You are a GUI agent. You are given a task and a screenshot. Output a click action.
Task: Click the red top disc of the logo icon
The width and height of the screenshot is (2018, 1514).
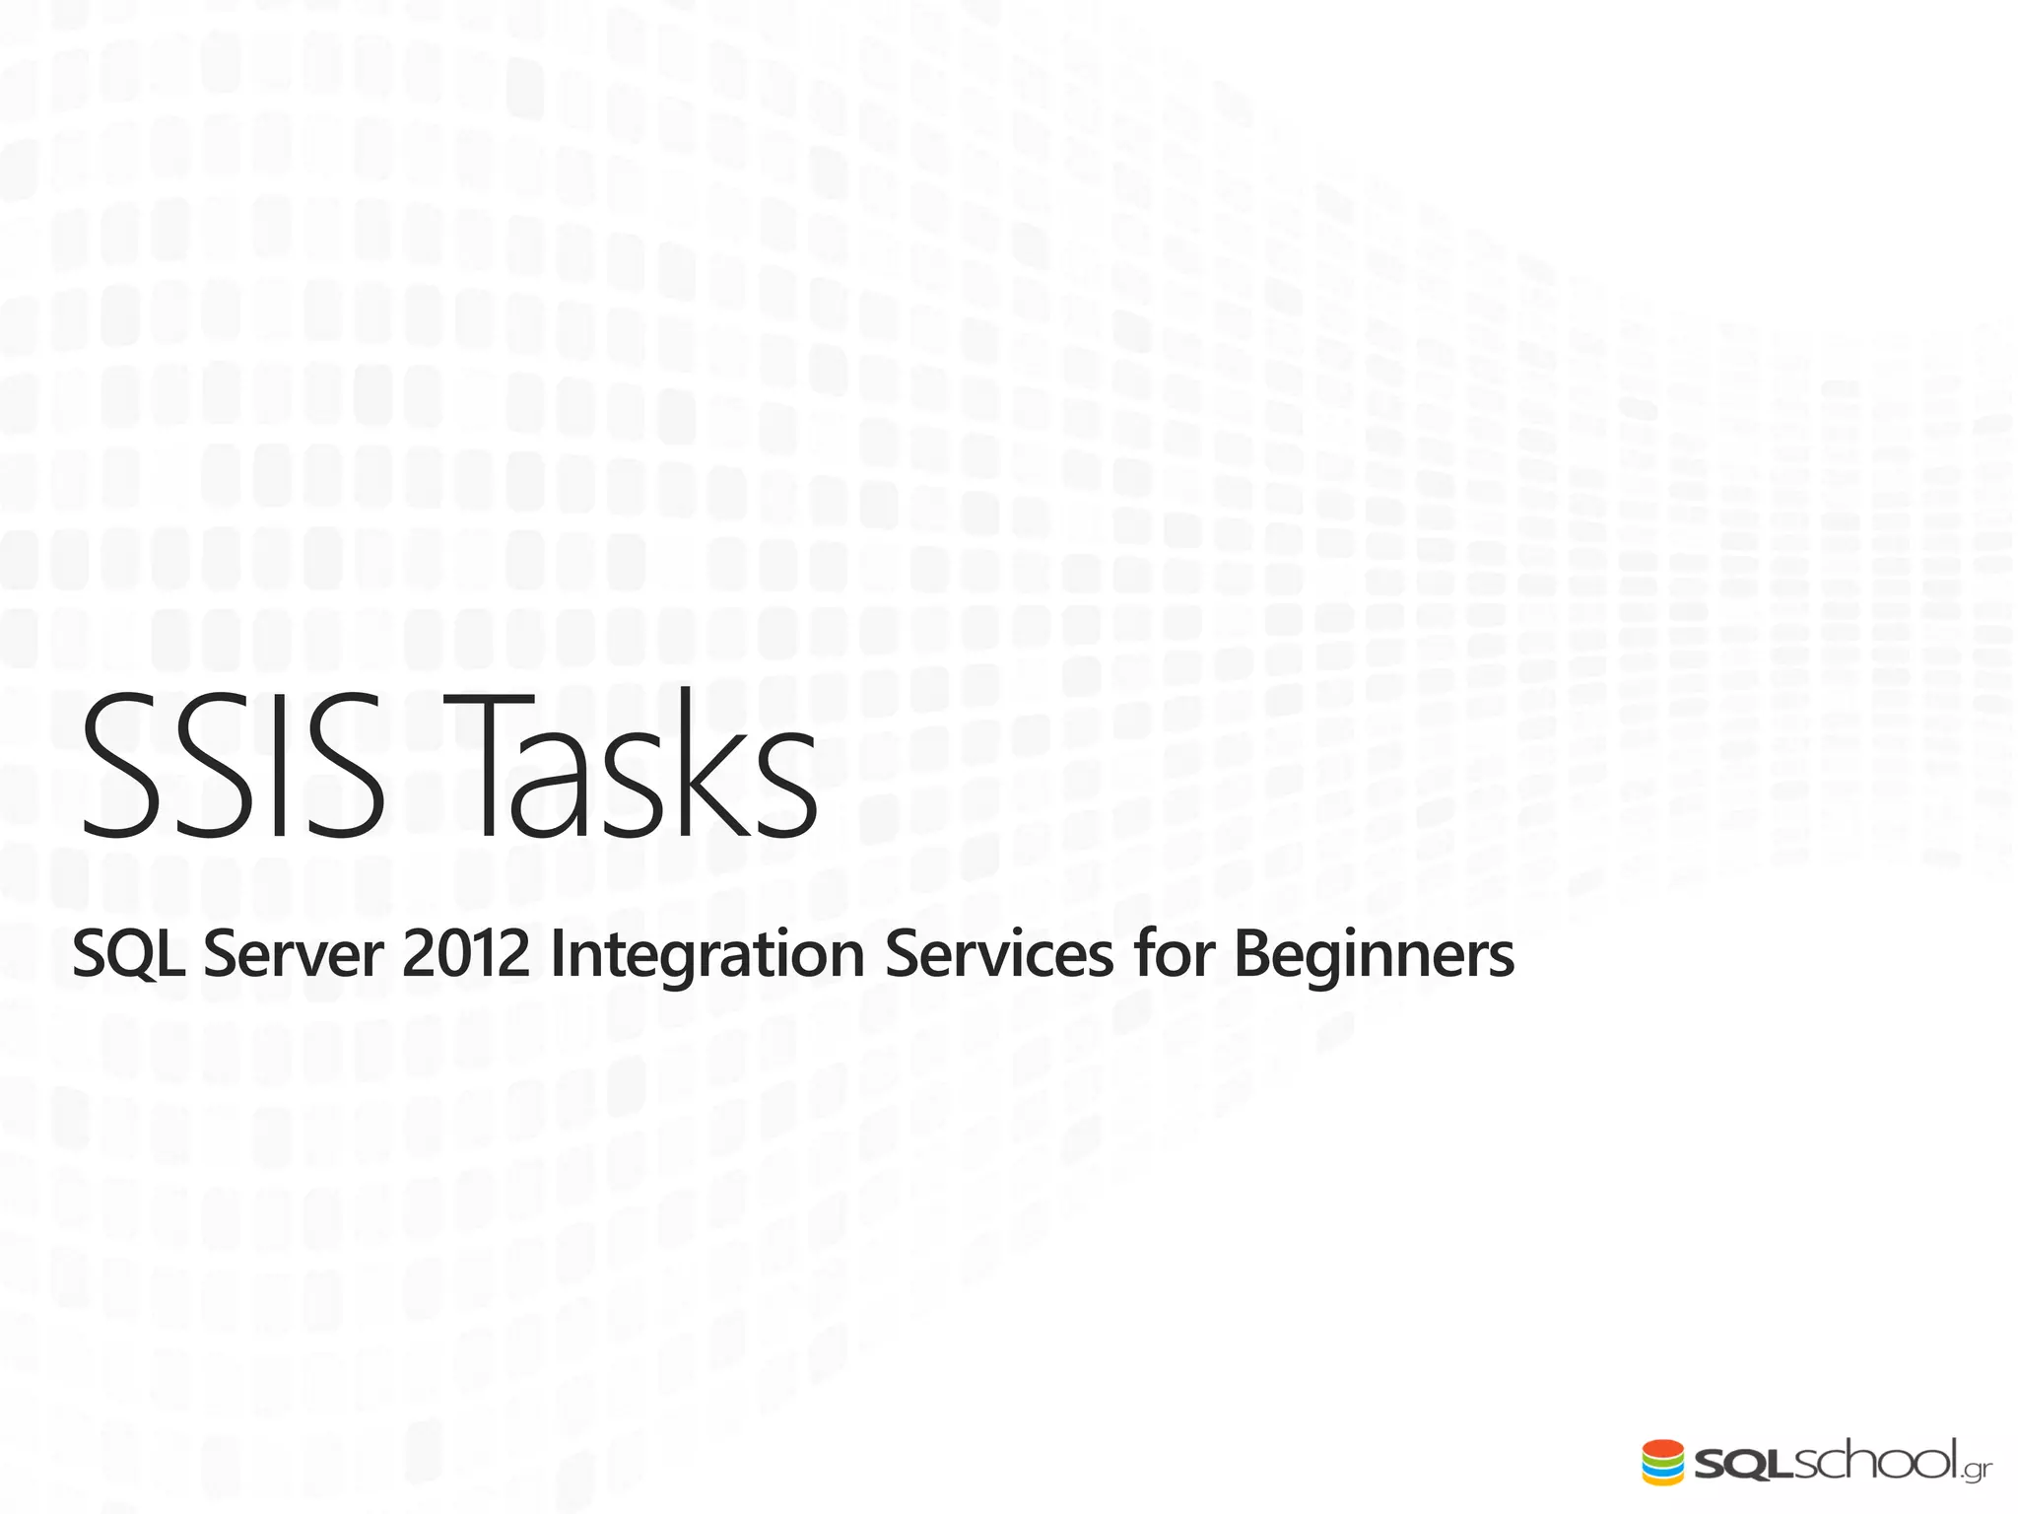(x=1663, y=1449)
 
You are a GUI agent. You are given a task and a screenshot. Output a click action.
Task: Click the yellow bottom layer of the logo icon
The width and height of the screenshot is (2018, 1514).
(x=1663, y=1480)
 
